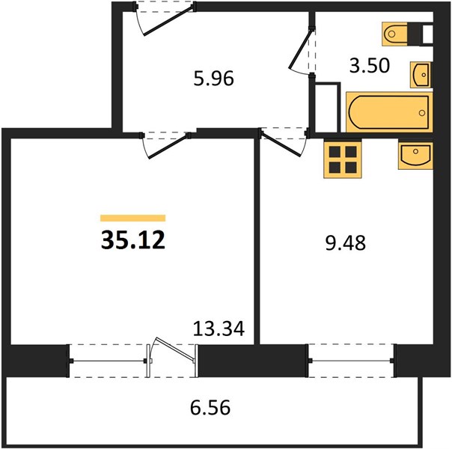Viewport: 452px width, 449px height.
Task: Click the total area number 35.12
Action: [x=133, y=239]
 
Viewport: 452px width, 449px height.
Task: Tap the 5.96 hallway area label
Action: [x=213, y=79]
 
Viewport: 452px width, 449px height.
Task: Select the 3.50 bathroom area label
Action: [x=370, y=65]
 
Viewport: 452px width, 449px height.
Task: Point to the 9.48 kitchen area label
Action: [x=345, y=243]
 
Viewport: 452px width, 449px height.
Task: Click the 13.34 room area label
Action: [x=219, y=329]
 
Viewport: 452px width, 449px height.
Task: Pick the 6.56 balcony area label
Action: [x=210, y=408]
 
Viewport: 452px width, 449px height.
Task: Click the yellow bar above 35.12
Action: [x=133, y=219]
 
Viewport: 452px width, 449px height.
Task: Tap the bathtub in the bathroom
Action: [x=389, y=112]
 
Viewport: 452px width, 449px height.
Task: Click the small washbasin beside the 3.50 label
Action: [x=421, y=75]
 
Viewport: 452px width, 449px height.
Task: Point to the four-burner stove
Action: [x=343, y=159]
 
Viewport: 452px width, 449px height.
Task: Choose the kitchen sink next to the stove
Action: [x=415, y=155]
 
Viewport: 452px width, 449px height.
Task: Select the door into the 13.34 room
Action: [x=165, y=145]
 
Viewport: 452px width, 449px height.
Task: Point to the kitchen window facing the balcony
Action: [x=351, y=361]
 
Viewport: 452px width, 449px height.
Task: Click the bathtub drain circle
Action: [x=422, y=113]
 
